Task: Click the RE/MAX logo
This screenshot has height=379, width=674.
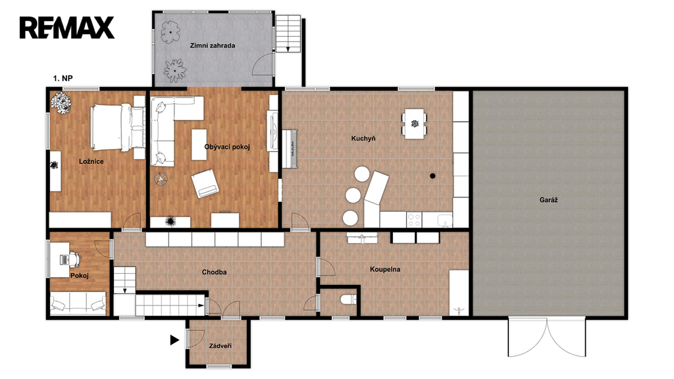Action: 66,28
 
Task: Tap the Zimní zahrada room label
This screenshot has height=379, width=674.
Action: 213,45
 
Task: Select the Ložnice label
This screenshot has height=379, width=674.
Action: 91,162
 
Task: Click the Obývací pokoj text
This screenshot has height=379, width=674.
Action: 227,147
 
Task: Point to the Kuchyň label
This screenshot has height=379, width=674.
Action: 363,138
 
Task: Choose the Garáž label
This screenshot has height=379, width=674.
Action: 548,200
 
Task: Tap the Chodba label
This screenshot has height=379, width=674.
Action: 214,272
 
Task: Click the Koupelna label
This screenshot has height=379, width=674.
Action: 385,269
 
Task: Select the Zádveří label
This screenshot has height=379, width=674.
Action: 220,346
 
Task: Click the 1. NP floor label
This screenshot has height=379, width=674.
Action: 63,78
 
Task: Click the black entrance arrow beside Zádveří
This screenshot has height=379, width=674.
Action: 174,340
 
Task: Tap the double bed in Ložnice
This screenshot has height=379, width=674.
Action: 118,127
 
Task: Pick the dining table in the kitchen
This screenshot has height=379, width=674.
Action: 415,124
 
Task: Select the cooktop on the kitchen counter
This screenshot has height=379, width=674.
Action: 414,220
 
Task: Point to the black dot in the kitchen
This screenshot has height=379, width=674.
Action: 433,176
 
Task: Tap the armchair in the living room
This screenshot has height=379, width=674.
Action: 205,184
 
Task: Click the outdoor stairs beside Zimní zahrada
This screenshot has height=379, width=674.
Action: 288,34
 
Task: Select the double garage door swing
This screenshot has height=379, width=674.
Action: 547,338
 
